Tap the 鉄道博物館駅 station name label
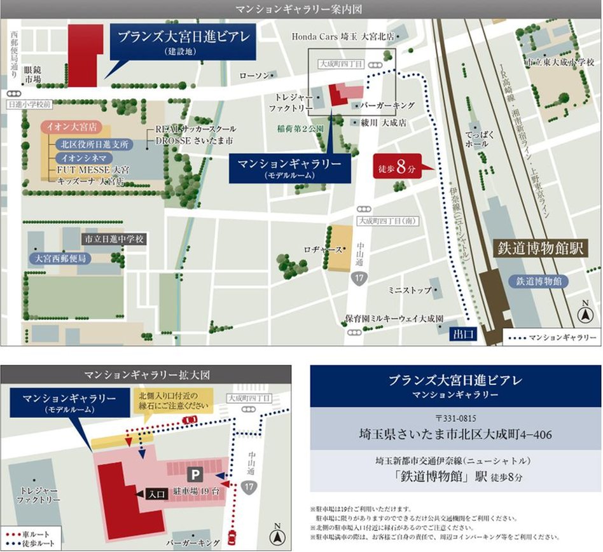[x=540, y=248]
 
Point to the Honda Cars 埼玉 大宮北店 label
[x=343, y=36]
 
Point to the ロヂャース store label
[x=323, y=250]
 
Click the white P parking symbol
[x=194, y=474]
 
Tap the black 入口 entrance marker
[x=151, y=492]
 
